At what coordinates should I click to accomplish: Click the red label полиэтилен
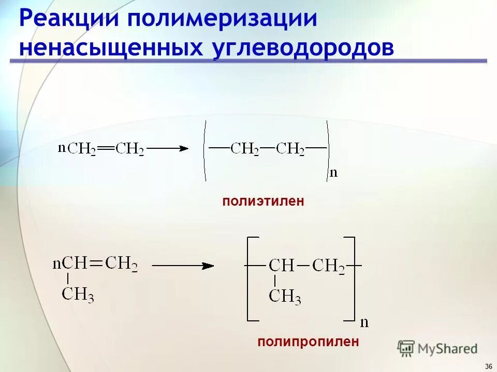pos(263,202)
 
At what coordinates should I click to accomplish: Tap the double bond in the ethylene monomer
pos(106,149)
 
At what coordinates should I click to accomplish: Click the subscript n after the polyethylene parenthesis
pos(333,173)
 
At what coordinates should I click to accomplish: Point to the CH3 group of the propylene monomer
pos(78,295)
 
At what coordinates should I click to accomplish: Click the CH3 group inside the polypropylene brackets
pos(285,296)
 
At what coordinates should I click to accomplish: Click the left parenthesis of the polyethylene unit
pos(206,150)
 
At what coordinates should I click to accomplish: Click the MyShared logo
pos(437,349)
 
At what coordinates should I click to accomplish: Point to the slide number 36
pos(488,366)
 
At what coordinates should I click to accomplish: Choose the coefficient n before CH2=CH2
pos(62,148)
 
